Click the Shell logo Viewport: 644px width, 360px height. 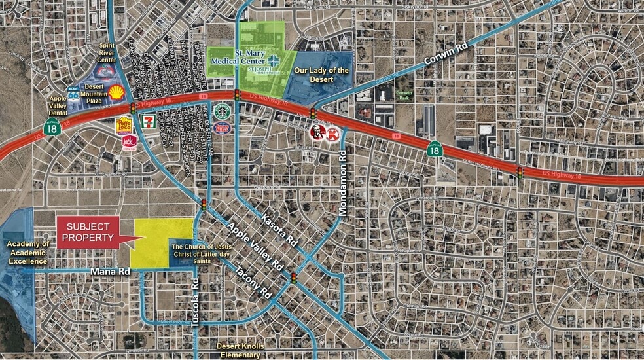pyautogui.click(x=116, y=92)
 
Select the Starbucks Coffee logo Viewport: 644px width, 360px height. pyautogui.click(x=222, y=111)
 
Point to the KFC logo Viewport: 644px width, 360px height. pyautogui.click(x=317, y=132)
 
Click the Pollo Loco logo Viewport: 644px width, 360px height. pyautogui.click(x=124, y=124)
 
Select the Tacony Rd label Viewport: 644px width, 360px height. pyautogui.click(x=253, y=279)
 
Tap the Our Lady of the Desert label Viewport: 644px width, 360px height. pyautogui.click(x=321, y=75)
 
